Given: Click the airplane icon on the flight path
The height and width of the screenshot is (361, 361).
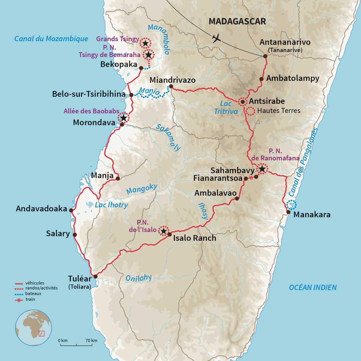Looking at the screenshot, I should click(x=217, y=39).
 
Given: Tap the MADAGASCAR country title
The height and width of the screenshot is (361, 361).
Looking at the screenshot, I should click(x=237, y=22).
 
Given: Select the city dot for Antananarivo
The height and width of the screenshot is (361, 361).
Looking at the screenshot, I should click(x=265, y=56).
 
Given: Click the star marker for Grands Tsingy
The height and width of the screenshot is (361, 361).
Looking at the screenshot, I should click(x=145, y=43).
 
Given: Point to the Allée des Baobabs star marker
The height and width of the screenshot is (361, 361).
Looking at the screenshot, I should click(x=123, y=118).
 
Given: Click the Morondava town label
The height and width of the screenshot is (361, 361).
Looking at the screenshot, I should click(x=94, y=123).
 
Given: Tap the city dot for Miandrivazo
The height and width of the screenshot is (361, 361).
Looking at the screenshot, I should click(x=171, y=86).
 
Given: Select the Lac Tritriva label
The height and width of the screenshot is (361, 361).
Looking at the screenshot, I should click(x=225, y=107).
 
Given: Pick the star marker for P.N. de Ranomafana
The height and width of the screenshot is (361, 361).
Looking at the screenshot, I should click(x=262, y=169).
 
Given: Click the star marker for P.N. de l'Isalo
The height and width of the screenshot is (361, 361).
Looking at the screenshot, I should click(x=163, y=231).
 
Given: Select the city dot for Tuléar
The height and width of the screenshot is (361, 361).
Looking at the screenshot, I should click(x=95, y=276).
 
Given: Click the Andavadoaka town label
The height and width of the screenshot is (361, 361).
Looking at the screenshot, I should click(x=41, y=209).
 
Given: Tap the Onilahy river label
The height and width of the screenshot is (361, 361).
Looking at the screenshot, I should click(x=139, y=278).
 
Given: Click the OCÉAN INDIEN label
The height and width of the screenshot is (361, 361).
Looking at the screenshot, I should click(x=313, y=288).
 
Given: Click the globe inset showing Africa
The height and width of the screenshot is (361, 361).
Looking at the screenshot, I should click(x=34, y=328).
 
